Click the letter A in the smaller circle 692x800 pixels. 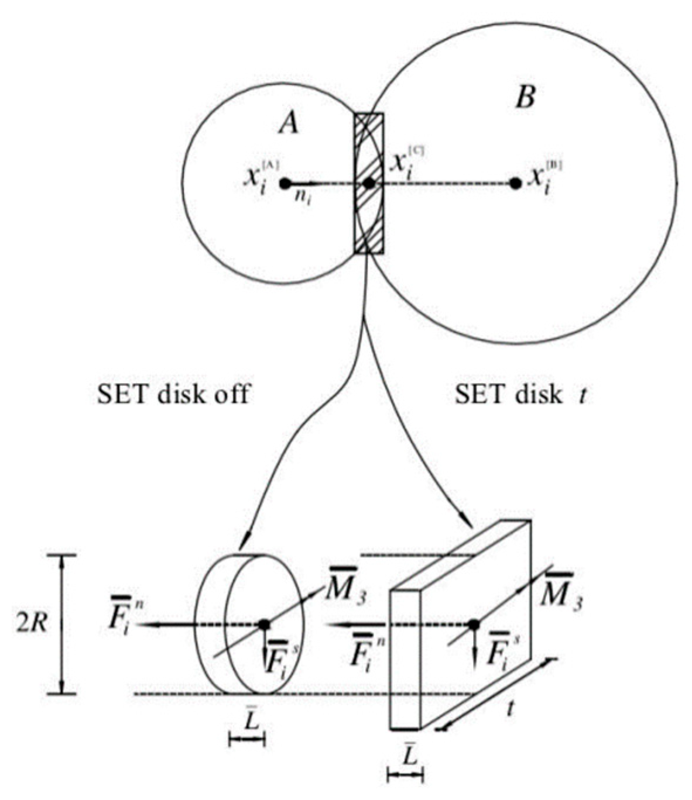[x=288, y=122]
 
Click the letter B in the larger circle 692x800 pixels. [x=524, y=97]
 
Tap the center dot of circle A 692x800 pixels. [x=285, y=183]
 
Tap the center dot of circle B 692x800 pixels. [x=515, y=183]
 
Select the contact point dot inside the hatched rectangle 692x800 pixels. [x=369, y=183]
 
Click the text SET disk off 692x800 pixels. [x=173, y=395]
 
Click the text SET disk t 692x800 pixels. [x=520, y=395]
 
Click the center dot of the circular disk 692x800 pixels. [x=265, y=624]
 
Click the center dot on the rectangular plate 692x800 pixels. [x=474, y=625]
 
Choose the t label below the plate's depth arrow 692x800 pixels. [x=511, y=708]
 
